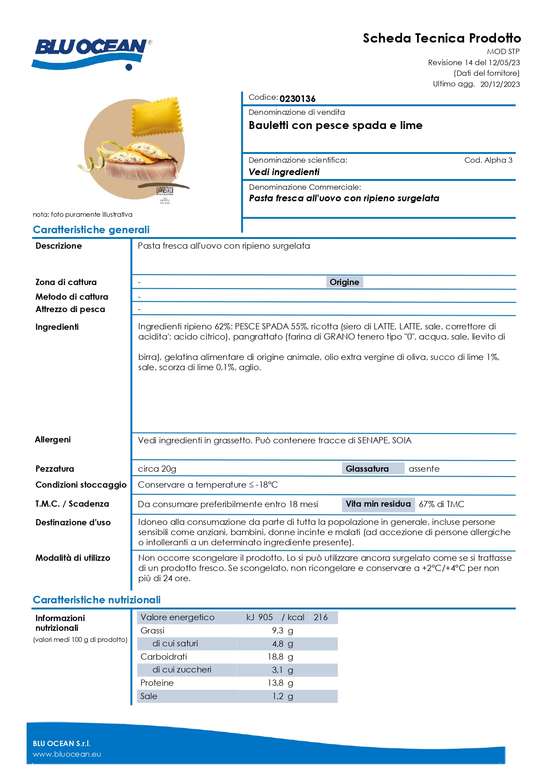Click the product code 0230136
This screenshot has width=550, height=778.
point(297,98)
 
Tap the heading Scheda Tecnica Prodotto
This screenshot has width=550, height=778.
point(441,38)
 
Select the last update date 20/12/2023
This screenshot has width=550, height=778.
point(500,84)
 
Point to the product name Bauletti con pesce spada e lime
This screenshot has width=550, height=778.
point(335,125)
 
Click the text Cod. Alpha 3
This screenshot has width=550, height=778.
point(488,160)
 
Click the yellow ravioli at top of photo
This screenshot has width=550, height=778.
point(158,116)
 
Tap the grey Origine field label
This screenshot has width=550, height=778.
point(344,282)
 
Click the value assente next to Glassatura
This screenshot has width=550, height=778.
point(424,469)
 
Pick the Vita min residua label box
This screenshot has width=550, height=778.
point(378,504)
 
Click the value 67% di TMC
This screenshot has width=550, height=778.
point(441,504)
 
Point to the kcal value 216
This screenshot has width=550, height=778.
point(320,617)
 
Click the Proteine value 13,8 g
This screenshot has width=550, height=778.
point(280,683)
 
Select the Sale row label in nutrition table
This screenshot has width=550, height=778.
point(149,696)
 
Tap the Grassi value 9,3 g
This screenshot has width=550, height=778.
point(282,630)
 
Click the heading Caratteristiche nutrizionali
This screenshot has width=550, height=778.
point(97,600)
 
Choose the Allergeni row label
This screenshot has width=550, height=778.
point(53,439)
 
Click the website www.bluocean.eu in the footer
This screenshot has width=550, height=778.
point(67,754)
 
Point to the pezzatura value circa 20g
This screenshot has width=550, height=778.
point(157,469)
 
